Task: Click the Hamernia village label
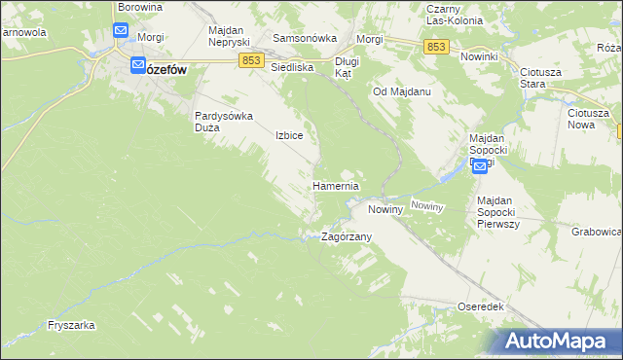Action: coord(336,185)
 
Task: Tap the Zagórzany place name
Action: coord(347,236)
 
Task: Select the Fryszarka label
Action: coord(70,326)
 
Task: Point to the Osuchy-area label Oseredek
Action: coord(480,306)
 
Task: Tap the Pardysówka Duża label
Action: coord(224,121)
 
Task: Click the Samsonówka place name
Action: coord(305,38)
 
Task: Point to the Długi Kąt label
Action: coord(348,67)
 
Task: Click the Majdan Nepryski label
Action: coord(230,36)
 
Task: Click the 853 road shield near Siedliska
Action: coord(253,61)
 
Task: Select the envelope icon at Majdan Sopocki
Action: coord(480,167)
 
